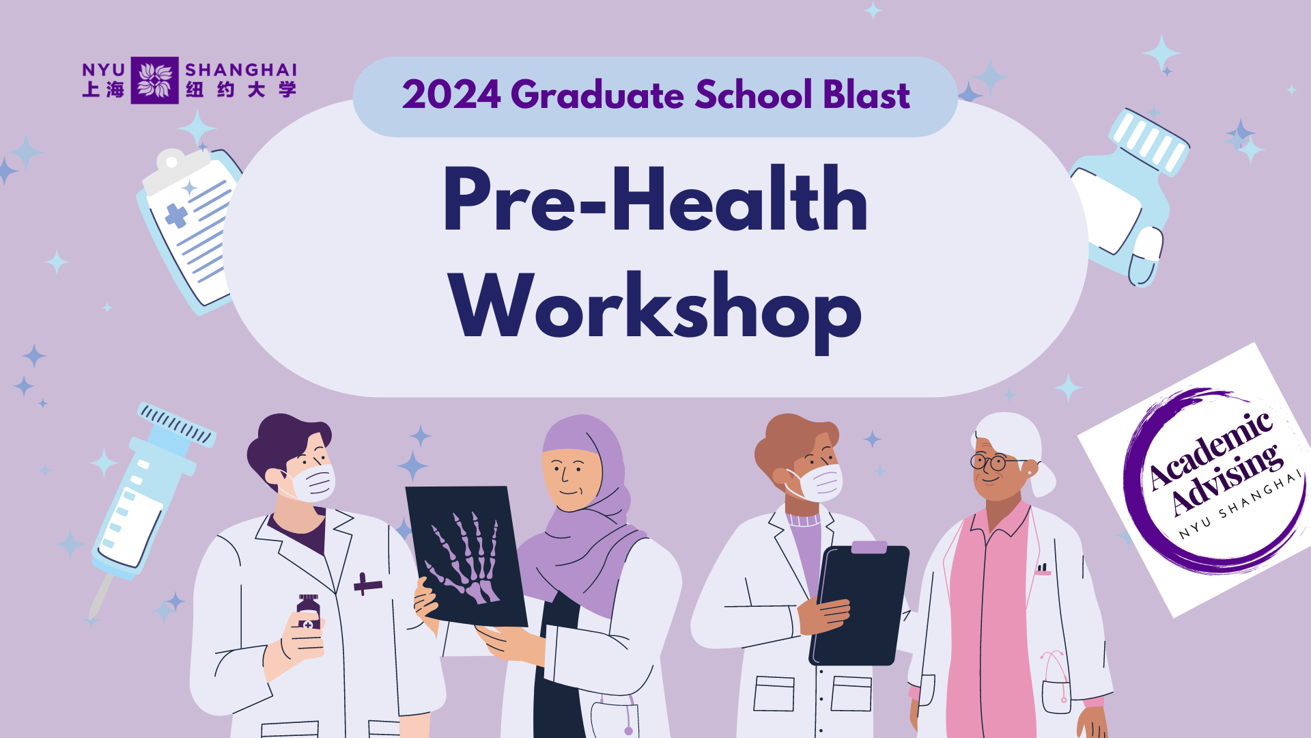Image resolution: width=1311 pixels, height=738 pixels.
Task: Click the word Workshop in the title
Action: click(655, 309)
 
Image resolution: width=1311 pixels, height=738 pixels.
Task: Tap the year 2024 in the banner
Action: click(451, 94)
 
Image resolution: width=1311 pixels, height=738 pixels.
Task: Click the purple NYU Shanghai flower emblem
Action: click(155, 80)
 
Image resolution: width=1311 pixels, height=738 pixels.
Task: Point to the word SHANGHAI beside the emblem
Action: click(241, 70)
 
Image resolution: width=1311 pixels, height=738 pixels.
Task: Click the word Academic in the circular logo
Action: click(1211, 450)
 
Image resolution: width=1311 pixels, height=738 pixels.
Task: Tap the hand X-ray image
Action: click(466, 556)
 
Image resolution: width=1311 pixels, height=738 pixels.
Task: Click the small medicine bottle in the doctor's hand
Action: click(308, 613)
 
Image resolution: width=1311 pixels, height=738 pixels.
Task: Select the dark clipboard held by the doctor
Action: click(860, 603)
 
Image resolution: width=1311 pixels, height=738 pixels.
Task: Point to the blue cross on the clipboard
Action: click(176, 215)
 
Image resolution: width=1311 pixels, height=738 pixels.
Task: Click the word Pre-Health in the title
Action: click(655, 199)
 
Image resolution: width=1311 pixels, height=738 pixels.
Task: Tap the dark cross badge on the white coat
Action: click(367, 584)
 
